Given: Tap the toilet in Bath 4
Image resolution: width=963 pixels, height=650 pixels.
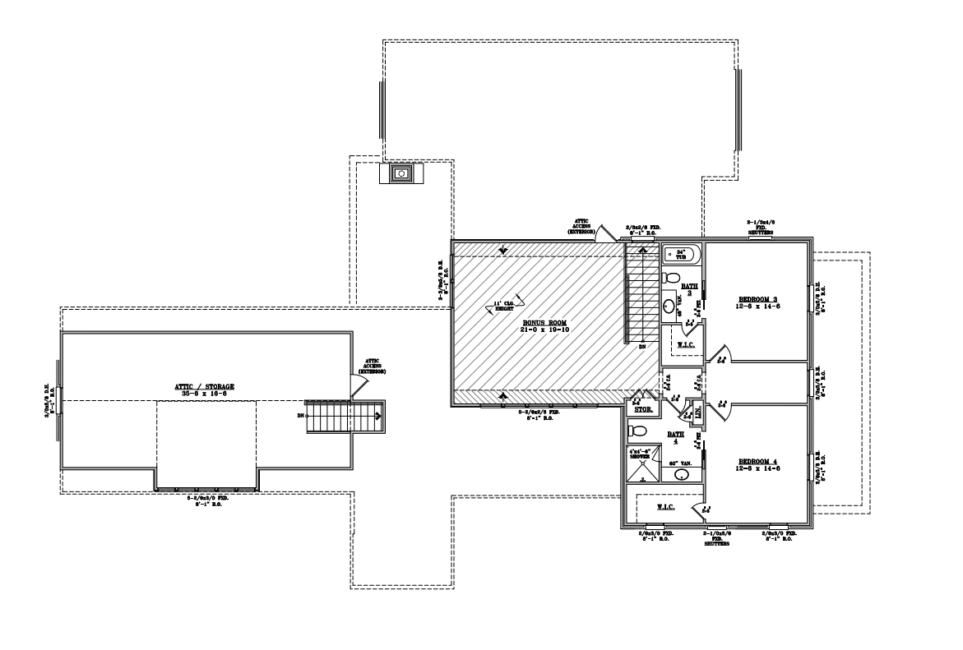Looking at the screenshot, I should [x=635, y=431].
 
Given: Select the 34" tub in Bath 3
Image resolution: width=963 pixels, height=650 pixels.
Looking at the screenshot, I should [x=681, y=254].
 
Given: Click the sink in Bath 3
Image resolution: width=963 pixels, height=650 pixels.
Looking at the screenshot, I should [x=670, y=307].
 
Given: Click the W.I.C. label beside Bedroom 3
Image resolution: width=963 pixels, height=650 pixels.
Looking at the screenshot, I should [x=686, y=345].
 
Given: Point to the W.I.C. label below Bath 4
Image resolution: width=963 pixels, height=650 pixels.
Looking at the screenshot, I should [x=665, y=508].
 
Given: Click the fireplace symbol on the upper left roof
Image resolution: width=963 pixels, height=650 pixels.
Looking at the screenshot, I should [x=402, y=173].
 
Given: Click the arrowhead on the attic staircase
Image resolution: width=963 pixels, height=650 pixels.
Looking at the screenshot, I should [x=377, y=416].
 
